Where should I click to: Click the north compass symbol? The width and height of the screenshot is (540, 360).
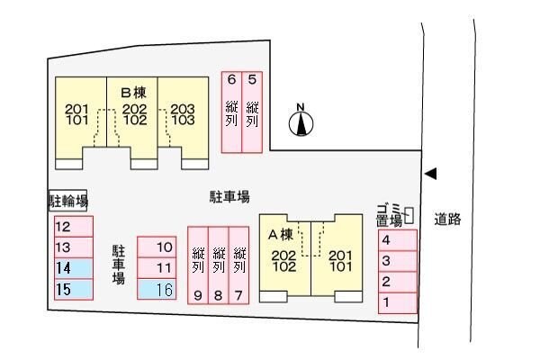(301, 121)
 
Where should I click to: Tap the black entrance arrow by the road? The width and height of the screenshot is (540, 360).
(430, 174)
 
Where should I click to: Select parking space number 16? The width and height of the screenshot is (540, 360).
(157, 289)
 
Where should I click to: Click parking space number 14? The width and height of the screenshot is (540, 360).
(74, 268)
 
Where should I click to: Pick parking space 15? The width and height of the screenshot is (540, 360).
(74, 290)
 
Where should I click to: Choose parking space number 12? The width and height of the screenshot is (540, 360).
(74, 227)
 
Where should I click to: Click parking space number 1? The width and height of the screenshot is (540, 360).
(398, 302)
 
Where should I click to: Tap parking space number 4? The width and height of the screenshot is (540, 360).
(398, 240)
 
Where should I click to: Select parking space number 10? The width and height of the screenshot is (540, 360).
(157, 247)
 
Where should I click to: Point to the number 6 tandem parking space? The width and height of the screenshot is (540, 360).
(232, 112)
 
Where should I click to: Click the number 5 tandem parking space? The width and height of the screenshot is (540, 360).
(252, 112)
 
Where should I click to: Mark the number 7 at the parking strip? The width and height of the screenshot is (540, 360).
(238, 295)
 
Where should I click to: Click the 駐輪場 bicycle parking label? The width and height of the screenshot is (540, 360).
(67, 201)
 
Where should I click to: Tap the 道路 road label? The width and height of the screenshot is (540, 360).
(447, 219)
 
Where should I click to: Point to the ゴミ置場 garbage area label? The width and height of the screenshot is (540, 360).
(390, 215)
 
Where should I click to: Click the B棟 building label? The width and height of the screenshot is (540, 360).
(133, 93)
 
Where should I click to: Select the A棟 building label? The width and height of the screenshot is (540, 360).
(281, 235)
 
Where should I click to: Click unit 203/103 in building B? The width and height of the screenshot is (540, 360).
(183, 114)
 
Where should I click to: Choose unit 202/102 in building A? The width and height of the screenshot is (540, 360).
(283, 261)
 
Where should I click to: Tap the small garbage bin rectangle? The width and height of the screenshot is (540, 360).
(409, 216)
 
